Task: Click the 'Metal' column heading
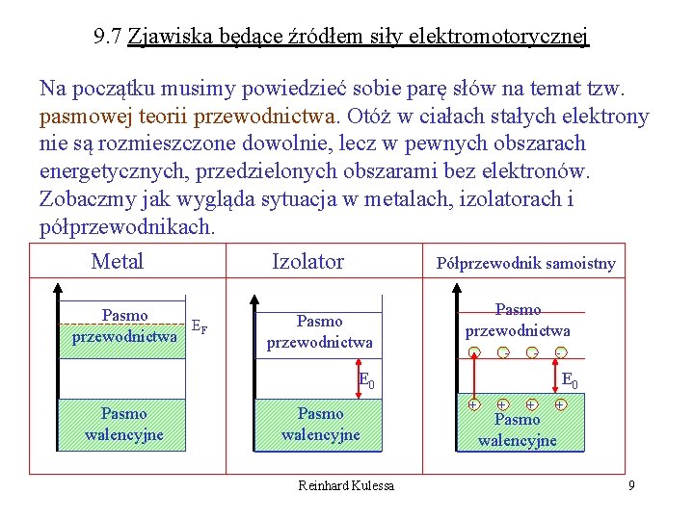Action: click(x=117, y=261)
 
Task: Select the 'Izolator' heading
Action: click(x=307, y=261)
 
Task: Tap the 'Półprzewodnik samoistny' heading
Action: click(x=525, y=263)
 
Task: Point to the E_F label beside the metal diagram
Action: click(x=199, y=326)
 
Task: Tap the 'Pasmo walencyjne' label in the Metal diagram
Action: click(x=123, y=424)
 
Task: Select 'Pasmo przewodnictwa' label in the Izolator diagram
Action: click(x=319, y=331)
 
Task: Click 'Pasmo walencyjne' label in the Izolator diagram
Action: click(x=320, y=424)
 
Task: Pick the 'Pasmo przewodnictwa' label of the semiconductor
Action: click(x=518, y=320)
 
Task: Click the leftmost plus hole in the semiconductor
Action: click(x=474, y=405)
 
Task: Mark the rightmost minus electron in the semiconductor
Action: click(x=559, y=351)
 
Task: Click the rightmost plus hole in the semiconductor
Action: click(x=560, y=405)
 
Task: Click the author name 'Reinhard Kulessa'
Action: click(x=346, y=485)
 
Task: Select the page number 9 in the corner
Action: click(x=631, y=485)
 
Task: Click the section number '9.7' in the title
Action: click(x=108, y=38)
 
